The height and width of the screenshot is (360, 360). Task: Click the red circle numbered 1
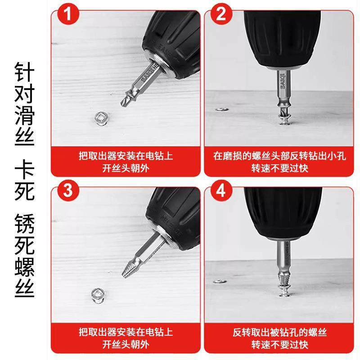(x=68, y=14)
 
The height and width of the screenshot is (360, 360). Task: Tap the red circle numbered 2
(x=221, y=14)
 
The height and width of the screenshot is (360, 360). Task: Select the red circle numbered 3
(x=68, y=190)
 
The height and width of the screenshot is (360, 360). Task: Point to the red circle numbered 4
(x=221, y=190)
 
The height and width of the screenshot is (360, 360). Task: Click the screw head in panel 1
(x=101, y=118)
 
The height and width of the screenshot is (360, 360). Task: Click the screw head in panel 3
(x=98, y=295)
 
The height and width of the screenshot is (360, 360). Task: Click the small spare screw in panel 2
(x=222, y=109)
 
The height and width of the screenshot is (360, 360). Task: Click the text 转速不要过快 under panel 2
(x=279, y=168)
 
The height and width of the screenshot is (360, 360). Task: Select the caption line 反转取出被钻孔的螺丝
(x=279, y=332)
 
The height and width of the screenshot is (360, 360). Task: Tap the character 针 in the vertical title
(x=25, y=72)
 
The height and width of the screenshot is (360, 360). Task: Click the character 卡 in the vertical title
(x=25, y=170)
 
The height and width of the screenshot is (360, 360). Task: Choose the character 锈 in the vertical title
(x=25, y=223)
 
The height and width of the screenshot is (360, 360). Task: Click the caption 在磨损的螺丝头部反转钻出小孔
(x=279, y=156)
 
